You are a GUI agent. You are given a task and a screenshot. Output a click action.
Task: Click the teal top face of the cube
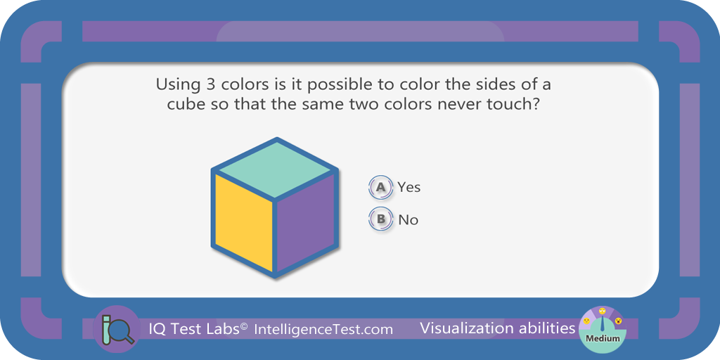click(275, 169)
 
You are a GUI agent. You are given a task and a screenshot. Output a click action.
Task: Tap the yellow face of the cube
click(243, 223)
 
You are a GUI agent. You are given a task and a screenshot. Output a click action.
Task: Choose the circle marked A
click(380, 187)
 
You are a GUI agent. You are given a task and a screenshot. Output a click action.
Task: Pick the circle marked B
click(380, 219)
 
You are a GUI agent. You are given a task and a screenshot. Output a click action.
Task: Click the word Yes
click(409, 187)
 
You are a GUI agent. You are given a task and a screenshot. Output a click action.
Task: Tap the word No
click(409, 220)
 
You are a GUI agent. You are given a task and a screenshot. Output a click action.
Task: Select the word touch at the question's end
click(518, 104)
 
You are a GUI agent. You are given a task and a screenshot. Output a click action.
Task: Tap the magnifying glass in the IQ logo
click(121, 333)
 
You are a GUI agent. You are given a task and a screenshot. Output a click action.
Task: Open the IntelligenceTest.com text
click(323, 329)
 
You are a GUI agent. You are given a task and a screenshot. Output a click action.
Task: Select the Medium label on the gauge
click(602, 339)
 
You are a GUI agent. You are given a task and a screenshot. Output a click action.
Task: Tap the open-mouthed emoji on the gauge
click(618, 321)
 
